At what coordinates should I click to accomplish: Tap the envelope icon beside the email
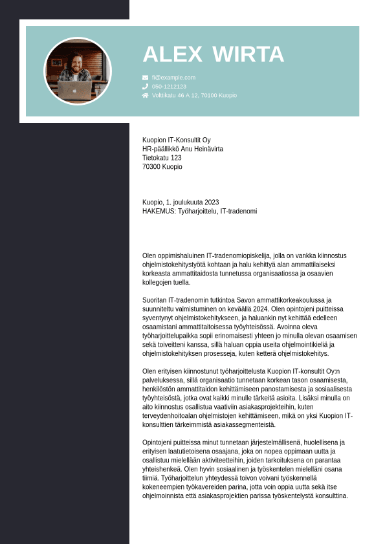(x=146, y=78)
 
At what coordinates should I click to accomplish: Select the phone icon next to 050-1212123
(x=146, y=86)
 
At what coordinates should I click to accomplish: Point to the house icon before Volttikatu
(x=146, y=95)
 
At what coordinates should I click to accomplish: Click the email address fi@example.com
(x=173, y=78)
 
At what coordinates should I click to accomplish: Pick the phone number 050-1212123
(x=169, y=86)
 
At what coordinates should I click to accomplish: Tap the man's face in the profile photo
(x=76, y=65)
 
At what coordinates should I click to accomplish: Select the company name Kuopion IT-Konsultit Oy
(x=176, y=140)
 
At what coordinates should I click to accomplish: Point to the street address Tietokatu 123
(x=162, y=158)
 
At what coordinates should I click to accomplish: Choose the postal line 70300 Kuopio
(x=162, y=167)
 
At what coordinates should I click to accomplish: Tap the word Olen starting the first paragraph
(x=149, y=256)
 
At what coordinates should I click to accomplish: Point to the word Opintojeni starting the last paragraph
(x=158, y=442)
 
